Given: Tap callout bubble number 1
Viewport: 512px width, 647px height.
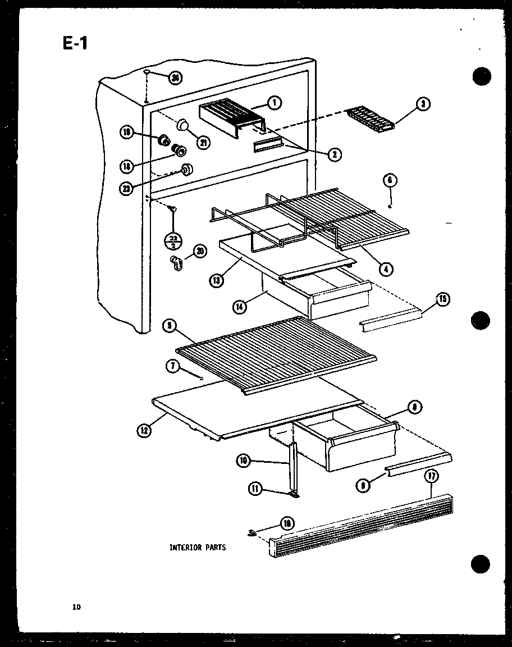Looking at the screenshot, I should coord(275,102).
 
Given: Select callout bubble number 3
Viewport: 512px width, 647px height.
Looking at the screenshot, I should coord(424,104).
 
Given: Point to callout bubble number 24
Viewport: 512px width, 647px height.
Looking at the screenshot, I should coord(176,78).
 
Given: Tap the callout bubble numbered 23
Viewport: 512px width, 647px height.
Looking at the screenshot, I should coord(127,189).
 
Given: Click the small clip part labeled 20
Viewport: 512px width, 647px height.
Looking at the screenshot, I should coord(177,262).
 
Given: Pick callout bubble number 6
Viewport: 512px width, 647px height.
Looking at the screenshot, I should coord(390,180).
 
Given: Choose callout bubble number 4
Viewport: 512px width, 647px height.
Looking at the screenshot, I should coord(385,268).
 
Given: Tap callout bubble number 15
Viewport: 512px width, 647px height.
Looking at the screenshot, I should coord(443,299).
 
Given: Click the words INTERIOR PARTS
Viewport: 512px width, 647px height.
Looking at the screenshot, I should coord(198,547).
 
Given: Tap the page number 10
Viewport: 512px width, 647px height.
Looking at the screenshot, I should coord(76,606).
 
